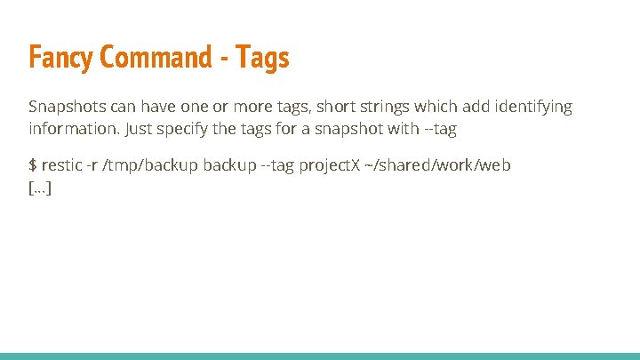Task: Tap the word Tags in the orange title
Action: [264, 58]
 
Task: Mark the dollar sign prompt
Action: [34, 166]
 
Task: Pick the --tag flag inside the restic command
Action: [276, 166]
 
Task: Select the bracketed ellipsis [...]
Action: [40, 188]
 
